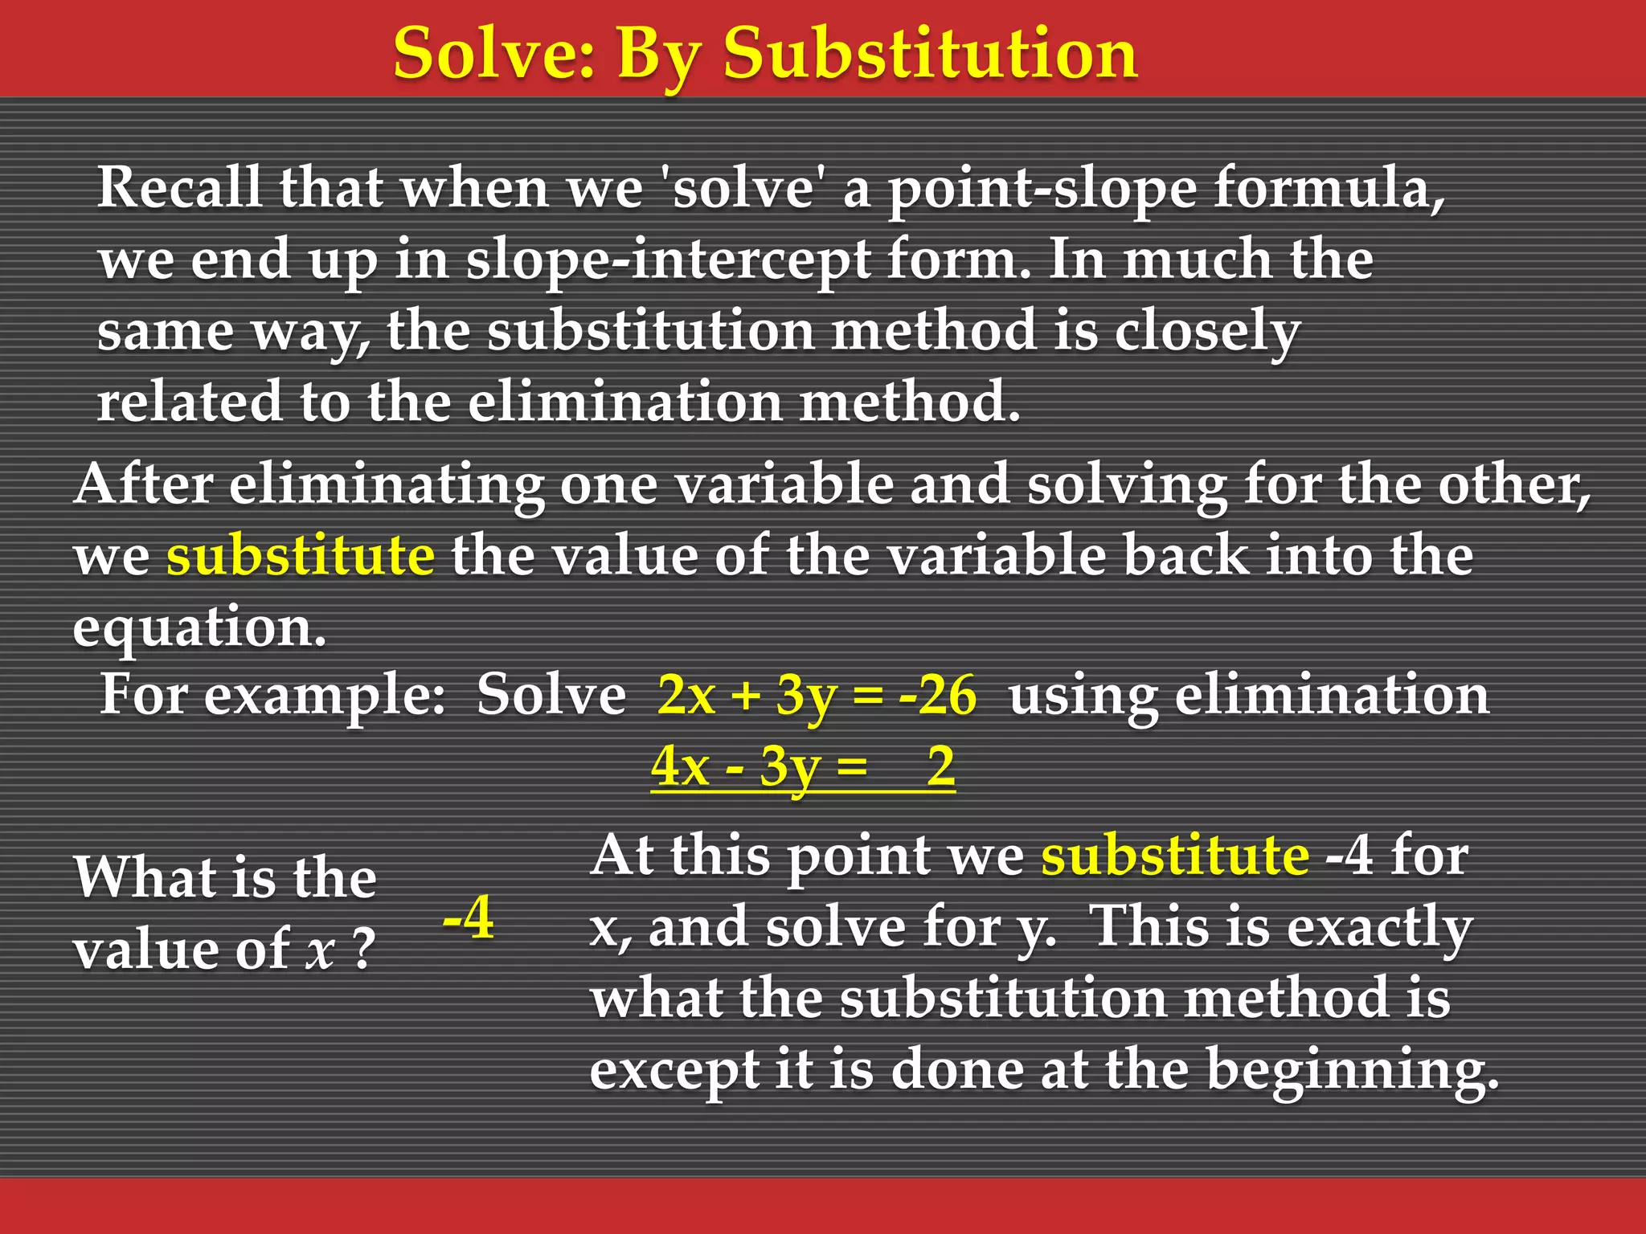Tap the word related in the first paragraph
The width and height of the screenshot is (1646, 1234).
click(189, 401)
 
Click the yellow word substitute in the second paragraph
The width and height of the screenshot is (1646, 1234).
click(301, 555)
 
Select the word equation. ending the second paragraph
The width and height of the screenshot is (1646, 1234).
click(199, 627)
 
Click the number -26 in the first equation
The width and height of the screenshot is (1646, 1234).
click(937, 695)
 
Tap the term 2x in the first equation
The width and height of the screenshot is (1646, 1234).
click(686, 695)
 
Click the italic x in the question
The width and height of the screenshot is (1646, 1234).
click(320, 950)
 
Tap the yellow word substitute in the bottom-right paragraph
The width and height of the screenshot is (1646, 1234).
click(1175, 855)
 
